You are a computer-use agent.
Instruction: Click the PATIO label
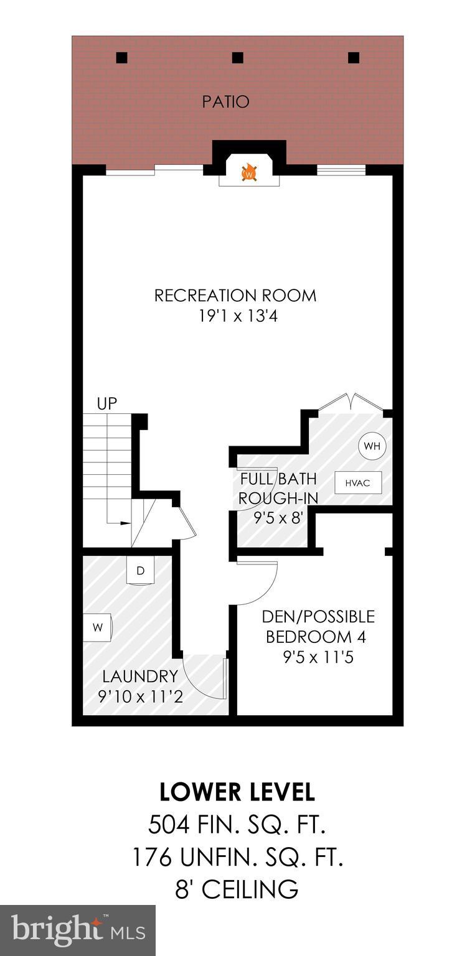pos(225,101)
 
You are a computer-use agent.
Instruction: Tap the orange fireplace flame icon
pos(249,172)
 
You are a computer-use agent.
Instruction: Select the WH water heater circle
pos(372,446)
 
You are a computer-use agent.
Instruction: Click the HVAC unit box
pos(358,482)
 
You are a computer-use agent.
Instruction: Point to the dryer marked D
pos(141,571)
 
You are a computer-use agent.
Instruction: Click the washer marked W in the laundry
pos(98,627)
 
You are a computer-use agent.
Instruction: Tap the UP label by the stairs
pos(107,403)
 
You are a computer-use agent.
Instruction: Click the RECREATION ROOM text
pos(235,295)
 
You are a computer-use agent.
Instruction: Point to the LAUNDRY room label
pos(141,676)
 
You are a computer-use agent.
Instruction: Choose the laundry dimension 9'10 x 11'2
pos(141,696)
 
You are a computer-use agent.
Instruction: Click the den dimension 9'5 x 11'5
pos(318,657)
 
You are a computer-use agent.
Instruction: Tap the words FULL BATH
pos(278,479)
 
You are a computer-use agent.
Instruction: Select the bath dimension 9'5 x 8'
pos(278,518)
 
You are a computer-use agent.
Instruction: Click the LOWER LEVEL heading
pos(237,792)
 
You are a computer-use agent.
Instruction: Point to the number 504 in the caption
pos(168,825)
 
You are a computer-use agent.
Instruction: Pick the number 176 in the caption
pos(151,858)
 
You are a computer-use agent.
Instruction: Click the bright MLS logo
pos(78,930)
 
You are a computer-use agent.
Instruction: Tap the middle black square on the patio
pos(237,58)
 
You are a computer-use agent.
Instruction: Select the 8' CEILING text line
pos(237,889)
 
